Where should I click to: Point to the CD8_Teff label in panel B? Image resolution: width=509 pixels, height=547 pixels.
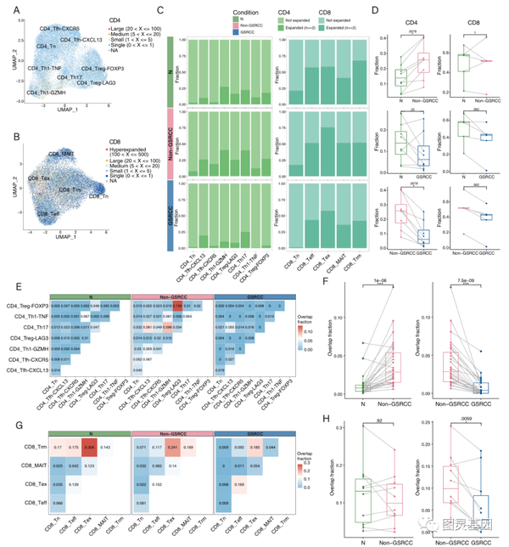point(43,191)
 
